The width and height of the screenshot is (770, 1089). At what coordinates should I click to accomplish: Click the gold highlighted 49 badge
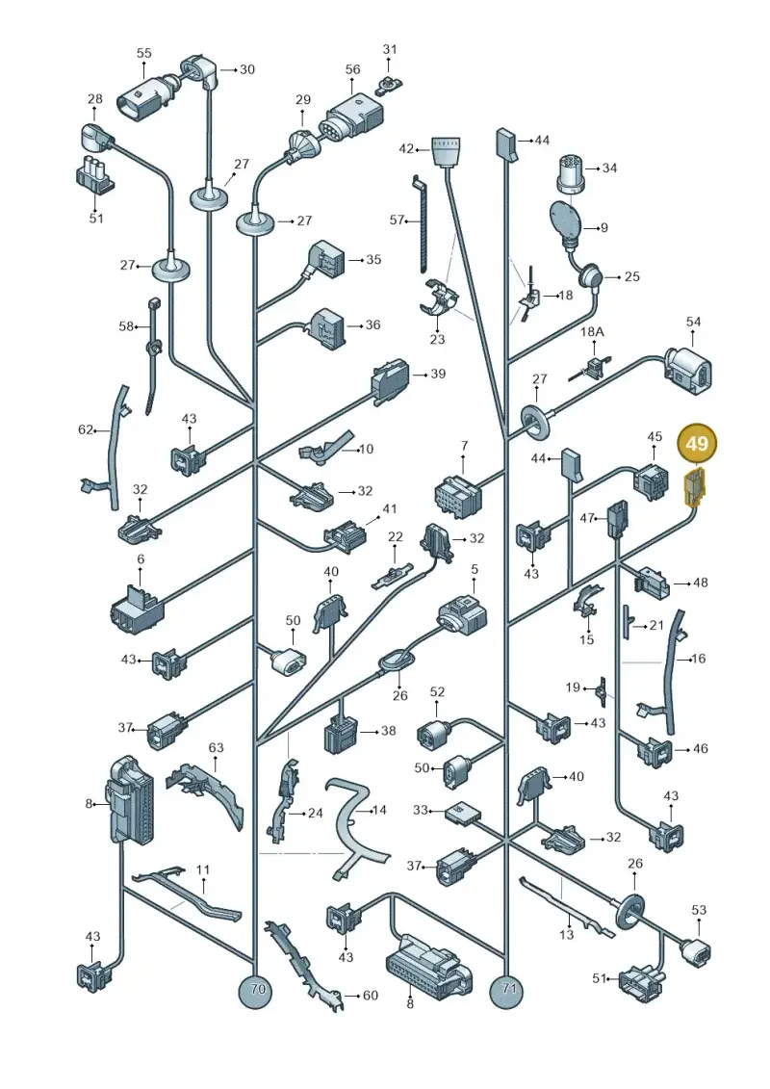click(x=697, y=443)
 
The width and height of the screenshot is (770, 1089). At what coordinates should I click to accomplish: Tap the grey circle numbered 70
click(x=257, y=989)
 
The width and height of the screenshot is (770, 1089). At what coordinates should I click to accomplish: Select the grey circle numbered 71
click(x=509, y=989)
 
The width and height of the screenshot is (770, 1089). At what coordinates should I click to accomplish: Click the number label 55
click(x=143, y=54)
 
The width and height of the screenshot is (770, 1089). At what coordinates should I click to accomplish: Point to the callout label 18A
click(x=592, y=332)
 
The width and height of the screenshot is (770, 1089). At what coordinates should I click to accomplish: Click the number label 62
click(x=86, y=430)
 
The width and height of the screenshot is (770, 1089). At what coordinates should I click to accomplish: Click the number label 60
click(x=371, y=996)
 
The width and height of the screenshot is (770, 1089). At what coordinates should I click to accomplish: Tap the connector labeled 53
click(x=695, y=949)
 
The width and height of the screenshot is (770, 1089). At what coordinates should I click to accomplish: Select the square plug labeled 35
click(x=324, y=260)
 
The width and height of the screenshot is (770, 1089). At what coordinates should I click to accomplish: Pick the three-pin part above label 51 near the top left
click(x=94, y=173)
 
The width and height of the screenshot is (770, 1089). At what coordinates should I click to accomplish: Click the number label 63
click(x=216, y=747)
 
